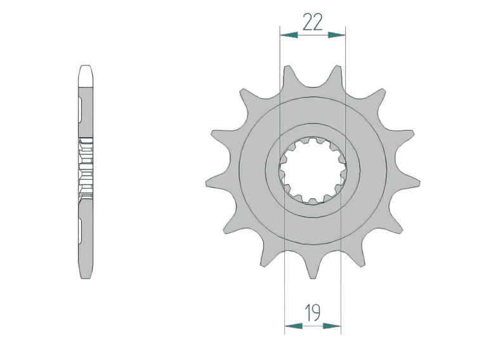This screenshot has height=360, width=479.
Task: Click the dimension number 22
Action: click(x=313, y=22)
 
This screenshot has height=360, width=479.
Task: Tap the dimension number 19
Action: click(x=313, y=313)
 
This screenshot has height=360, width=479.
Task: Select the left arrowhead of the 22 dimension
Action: click(x=289, y=35)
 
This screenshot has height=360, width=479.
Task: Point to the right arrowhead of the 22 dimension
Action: click(x=337, y=35)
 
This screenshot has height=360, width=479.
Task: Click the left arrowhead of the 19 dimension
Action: click(x=293, y=326)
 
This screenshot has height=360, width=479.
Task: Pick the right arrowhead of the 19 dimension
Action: click(x=332, y=326)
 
